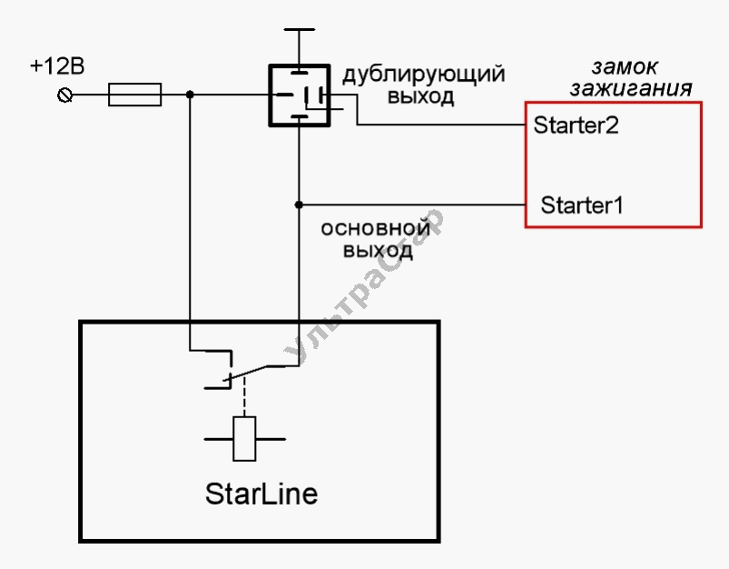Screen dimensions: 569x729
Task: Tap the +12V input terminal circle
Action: (65, 95)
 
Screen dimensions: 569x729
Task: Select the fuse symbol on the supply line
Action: (134, 95)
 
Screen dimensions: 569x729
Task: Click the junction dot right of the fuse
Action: (190, 95)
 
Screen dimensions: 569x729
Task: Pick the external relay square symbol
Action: (299, 95)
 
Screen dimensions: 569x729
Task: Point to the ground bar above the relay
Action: (299, 30)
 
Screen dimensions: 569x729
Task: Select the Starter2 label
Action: (576, 125)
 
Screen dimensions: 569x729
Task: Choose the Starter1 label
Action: (582, 205)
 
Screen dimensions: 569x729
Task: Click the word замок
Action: (625, 67)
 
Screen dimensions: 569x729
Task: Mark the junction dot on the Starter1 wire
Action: (299, 204)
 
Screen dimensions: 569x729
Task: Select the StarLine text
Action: (261, 494)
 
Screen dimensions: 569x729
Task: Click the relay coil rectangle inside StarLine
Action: (244, 438)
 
